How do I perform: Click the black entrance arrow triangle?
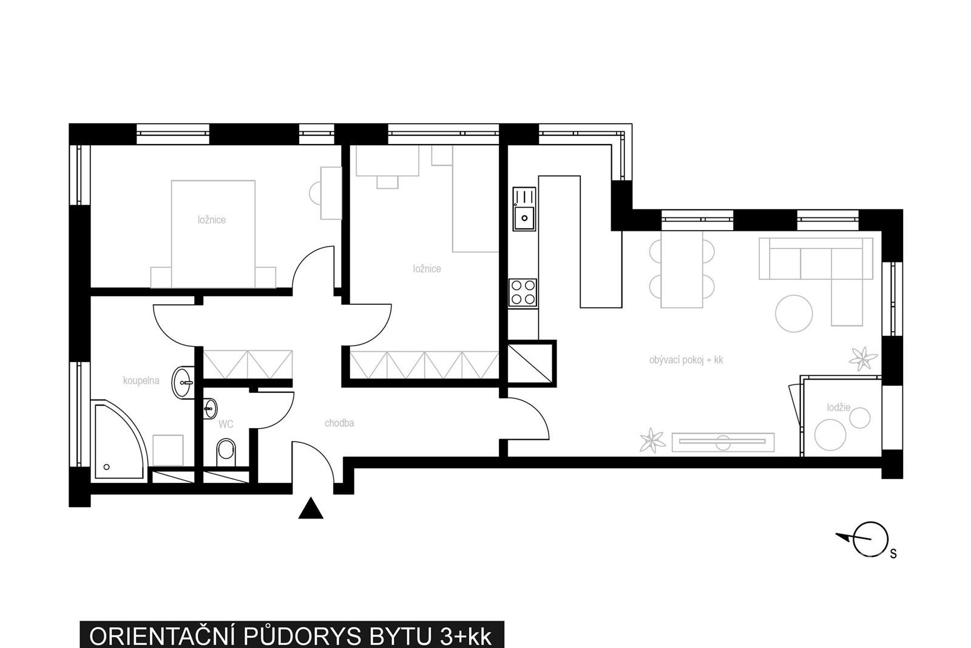point(311,508)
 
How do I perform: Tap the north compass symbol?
point(867,539)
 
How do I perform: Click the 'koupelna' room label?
point(141,381)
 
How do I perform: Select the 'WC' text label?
point(226,424)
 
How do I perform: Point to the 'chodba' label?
point(339,423)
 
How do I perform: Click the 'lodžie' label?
point(838,408)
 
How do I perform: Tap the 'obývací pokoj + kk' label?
point(686,360)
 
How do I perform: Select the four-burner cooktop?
point(523,293)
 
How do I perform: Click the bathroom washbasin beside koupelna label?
point(183,381)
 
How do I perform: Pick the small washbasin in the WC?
point(210,408)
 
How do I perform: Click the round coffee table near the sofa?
point(794,313)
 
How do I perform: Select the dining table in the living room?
point(682,270)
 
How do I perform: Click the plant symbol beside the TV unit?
point(652,441)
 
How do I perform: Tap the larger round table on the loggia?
point(830,435)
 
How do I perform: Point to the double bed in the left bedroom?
point(213,234)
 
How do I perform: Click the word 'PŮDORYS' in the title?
point(303,635)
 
